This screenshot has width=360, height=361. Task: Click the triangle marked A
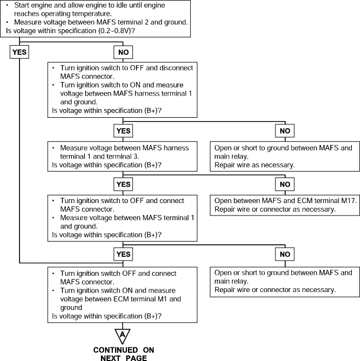coord(123,335)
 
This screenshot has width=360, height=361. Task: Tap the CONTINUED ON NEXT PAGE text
coord(124,354)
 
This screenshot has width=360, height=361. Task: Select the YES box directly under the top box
coord(20,52)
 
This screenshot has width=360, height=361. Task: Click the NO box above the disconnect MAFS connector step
coord(123,52)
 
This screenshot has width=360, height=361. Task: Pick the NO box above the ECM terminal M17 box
coord(285,184)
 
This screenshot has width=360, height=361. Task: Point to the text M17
coord(349,200)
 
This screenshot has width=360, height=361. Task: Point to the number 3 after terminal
coord(136,156)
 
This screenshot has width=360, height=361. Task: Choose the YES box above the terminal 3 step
coord(123,131)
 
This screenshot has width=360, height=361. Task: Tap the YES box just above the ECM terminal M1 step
coord(123,254)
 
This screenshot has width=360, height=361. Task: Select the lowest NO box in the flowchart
coord(285,254)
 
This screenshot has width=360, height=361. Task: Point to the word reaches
coord(27,14)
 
